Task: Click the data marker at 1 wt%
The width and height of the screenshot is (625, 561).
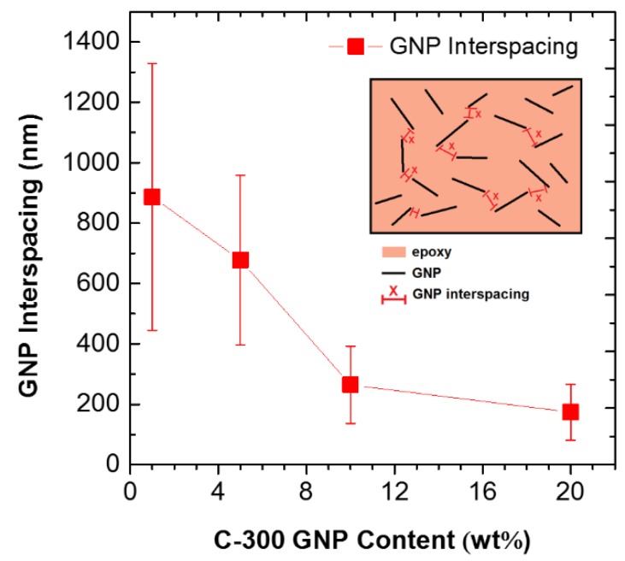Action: (152, 197)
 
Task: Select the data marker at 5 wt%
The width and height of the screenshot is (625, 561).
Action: (240, 259)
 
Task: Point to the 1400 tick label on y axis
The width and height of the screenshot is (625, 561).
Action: (95, 42)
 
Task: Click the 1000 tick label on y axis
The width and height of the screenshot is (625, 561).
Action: (95, 162)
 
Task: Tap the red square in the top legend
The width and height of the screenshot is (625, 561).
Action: (356, 47)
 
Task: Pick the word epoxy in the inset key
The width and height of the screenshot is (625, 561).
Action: (430, 253)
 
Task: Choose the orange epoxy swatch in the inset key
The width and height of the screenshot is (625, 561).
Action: (392, 253)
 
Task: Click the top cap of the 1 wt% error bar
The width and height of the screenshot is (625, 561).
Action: (152, 63)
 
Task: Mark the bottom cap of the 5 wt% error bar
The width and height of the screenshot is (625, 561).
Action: (240, 345)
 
